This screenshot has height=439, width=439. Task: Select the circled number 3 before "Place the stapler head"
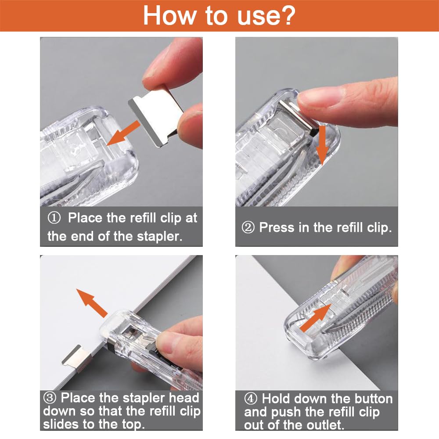point(50,398)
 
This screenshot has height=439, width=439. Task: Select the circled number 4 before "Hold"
point(251,399)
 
